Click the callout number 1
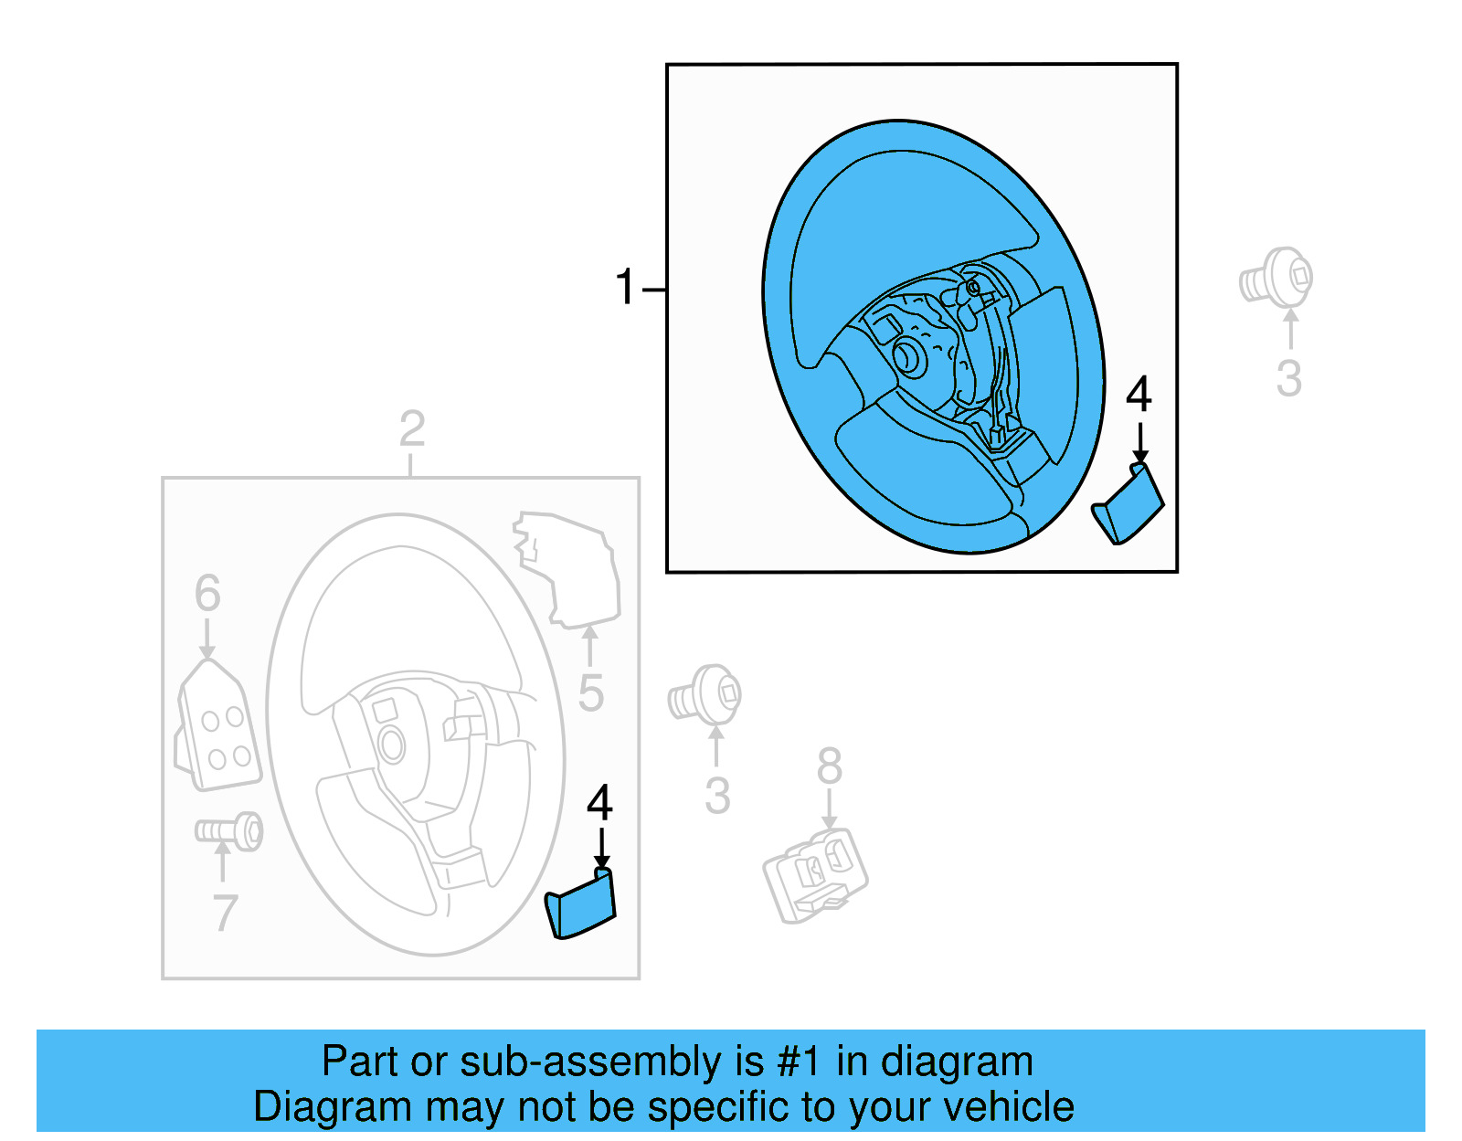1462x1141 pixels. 625,288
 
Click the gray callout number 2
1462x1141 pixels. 412,429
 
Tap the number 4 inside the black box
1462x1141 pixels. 1139,396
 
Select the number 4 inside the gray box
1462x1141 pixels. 599,804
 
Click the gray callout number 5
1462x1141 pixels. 591,693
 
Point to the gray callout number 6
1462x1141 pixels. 207,594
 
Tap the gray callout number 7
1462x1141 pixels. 225,913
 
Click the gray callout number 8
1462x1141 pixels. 830,766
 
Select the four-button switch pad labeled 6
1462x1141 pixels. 218,727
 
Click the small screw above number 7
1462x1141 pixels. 229,831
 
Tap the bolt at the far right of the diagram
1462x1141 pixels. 1277,276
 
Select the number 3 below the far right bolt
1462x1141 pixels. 1288,379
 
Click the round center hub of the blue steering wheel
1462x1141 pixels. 909,356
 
